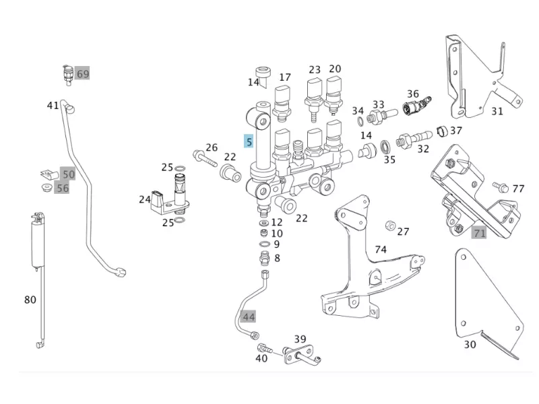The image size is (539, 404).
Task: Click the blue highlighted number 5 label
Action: [x=249, y=141]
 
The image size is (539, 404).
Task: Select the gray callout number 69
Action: [x=82, y=73]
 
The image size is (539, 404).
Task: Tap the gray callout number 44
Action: [x=249, y=316]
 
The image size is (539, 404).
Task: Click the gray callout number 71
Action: [x=479, y=233]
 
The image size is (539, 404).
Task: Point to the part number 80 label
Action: [x=30, y=300]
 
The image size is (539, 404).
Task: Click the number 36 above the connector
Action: [x=413, y=94]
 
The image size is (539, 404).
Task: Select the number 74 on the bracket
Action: [x=381, y=249]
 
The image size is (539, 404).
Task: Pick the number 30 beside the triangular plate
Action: [x=470, y=344]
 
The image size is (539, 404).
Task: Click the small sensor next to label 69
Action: [x=67, y=73]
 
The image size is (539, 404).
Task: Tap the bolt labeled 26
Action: [x=202, y=159]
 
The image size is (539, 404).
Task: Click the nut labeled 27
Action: [x=389, y=225]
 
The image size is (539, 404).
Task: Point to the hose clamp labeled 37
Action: [x=441, y=131]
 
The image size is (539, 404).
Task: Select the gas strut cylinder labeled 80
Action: [x=35, y=239]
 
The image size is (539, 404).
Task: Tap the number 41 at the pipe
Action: [x=53, y=105]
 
